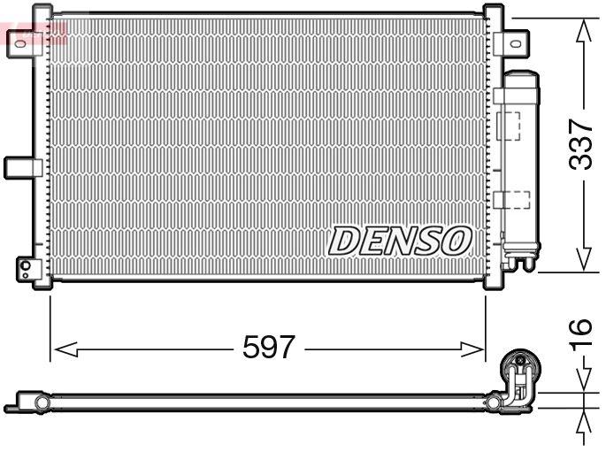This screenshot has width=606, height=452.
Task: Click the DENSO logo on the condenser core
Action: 401,240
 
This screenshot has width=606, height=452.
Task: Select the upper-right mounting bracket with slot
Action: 512,42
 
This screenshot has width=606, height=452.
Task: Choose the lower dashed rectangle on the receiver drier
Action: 511,199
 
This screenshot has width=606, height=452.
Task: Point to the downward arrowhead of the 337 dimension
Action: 582,258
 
